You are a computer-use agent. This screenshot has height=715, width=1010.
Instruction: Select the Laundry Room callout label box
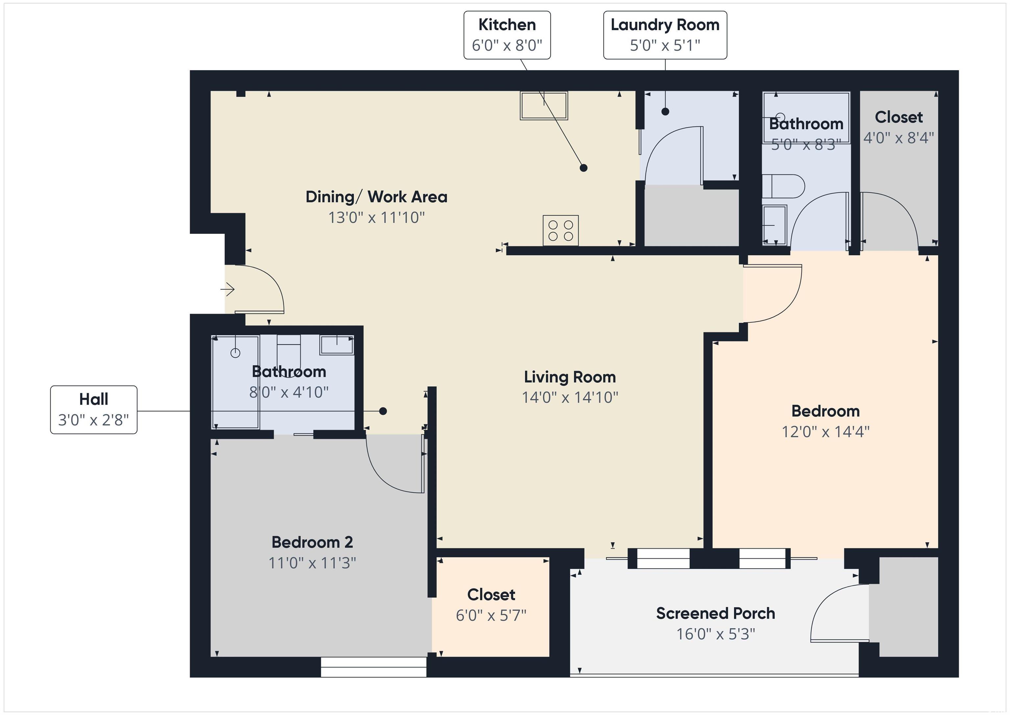[x=665, y=35]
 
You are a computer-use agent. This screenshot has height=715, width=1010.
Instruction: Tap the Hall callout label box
[x=94, y=409]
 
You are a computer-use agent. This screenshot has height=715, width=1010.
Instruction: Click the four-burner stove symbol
[x=561, y=230]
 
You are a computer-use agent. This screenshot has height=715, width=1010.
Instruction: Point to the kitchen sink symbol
[x=544, y=105]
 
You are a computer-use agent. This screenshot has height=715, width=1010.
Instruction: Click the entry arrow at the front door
[x=228, y=289]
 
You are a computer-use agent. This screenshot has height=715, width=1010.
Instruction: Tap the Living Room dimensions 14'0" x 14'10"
[x=570, y=397]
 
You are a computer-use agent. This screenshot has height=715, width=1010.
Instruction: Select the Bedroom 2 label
[x=312, y=542]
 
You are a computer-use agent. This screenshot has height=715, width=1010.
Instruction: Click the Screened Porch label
[x=715, y=613]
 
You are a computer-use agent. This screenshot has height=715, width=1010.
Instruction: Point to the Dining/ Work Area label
[x=376, y=197]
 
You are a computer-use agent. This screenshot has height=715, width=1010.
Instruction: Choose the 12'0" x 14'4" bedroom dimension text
[x=825, y=431]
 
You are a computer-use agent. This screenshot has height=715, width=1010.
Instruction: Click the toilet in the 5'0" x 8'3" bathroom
[x=783, y=186]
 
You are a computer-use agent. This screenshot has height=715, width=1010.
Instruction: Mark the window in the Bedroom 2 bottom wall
[x=373, y=667]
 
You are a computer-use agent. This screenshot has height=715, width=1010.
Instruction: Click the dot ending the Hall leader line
[x=383, y=411]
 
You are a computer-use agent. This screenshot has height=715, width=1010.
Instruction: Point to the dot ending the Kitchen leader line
[x=583, y=168]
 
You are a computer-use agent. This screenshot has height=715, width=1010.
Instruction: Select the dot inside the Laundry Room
[x=665, y=112]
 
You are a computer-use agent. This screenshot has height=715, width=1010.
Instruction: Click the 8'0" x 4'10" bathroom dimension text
[x=289, y=392]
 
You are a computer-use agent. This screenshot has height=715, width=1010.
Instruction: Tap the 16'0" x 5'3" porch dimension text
[x=716, y=634]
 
